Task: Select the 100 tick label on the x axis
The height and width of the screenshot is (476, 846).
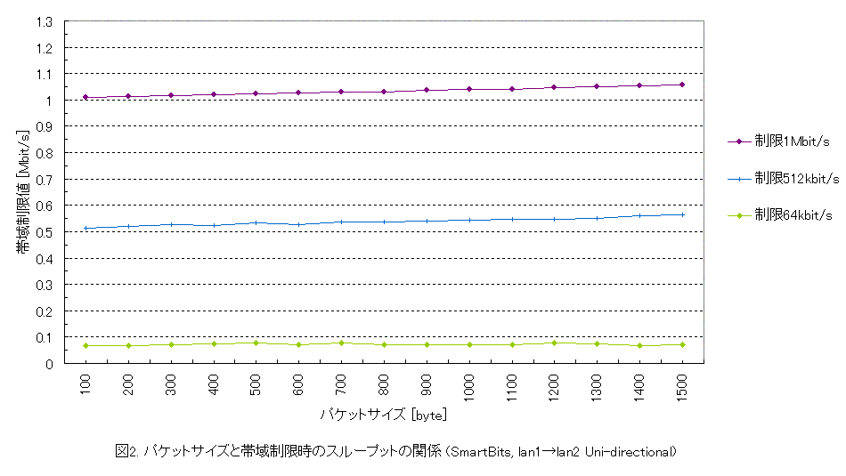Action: [86, 385]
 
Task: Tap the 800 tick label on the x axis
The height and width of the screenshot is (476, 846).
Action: [385, 385]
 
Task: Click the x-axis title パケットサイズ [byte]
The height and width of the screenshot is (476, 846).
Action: [384, 415]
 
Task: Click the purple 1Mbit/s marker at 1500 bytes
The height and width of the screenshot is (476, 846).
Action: [682, 85]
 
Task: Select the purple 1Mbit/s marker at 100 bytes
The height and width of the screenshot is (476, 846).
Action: [86, 97]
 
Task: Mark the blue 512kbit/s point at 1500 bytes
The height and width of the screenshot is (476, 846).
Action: [682, 214]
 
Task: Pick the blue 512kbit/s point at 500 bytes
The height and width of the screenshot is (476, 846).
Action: [256, 222]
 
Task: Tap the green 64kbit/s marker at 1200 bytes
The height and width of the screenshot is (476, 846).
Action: [555, 343]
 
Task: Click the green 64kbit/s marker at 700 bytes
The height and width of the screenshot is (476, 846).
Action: [342, 343]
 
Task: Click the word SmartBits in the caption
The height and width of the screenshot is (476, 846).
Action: [478, 452]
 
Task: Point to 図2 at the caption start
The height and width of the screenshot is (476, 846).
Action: [126, 452]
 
